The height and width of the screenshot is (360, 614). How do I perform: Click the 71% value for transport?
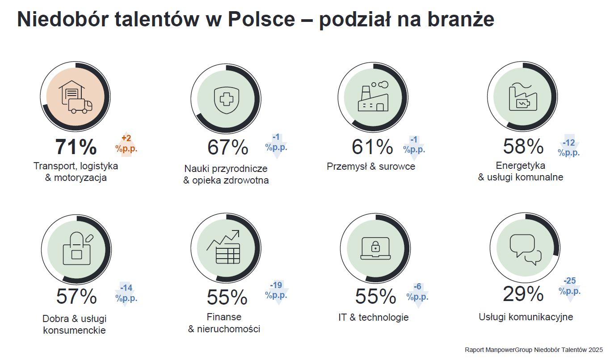coord(76,147)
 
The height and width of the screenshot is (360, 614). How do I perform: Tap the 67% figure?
coord(228,147)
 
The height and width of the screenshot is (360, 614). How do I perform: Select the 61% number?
coord(372,147)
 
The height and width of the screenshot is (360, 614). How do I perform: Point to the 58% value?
coord(523,147)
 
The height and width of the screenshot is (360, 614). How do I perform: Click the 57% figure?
coord(76,297)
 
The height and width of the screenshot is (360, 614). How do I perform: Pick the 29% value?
coord(523,294)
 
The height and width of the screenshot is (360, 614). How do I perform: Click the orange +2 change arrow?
coord(126,144)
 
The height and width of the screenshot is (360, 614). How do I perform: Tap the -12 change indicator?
coord(569,147)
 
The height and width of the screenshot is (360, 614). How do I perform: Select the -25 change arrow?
coord(570,290)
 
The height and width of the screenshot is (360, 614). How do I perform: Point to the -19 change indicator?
coord(277,293)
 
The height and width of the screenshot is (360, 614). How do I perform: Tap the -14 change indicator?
coord(126,294)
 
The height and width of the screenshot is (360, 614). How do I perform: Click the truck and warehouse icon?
coord(76,97)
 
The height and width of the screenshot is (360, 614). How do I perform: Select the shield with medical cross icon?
coord(227,100)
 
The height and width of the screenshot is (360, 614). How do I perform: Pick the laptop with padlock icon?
coord(375,248)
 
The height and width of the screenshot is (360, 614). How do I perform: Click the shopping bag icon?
coord(78,248)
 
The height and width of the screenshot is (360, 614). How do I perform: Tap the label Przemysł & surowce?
coord(371,166)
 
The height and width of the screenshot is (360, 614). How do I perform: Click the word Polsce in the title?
coord(261,19)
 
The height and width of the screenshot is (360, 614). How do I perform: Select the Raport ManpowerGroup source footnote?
coord(534,350)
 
